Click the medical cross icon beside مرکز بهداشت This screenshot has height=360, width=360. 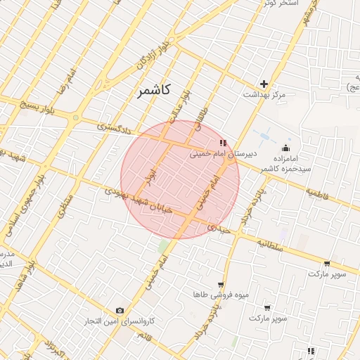pos(264,84)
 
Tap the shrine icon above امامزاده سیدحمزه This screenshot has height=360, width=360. pos(285,148)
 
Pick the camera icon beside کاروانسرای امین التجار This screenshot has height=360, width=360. pos(120,310)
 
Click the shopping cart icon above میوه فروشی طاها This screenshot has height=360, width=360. pos(221,285)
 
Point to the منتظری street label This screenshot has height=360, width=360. pos(65,200)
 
